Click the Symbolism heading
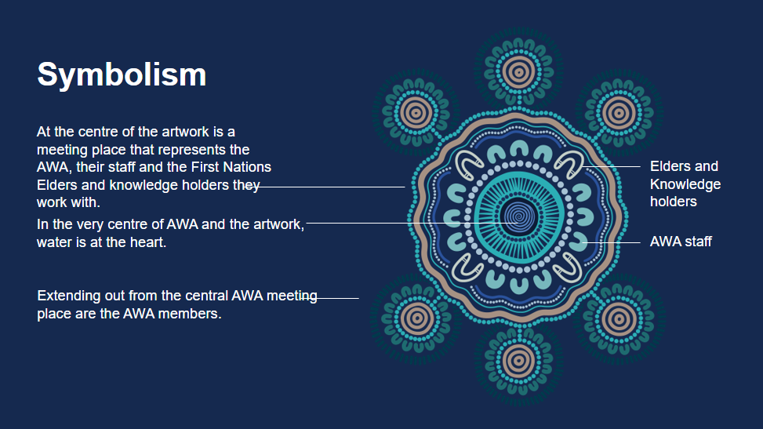point(122,75)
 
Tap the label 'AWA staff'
point(681,242)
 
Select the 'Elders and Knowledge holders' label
point(685,184)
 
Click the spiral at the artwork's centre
point(518,216)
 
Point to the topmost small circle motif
point(518,72)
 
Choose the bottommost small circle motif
point(518,362)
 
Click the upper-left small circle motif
point(416,113)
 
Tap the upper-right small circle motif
point(619,113)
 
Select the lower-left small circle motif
point(416,319)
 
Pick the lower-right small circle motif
point(619,319)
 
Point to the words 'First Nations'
point(231,167)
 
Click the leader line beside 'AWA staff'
point(611,242)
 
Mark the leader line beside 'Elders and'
point(611,166)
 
